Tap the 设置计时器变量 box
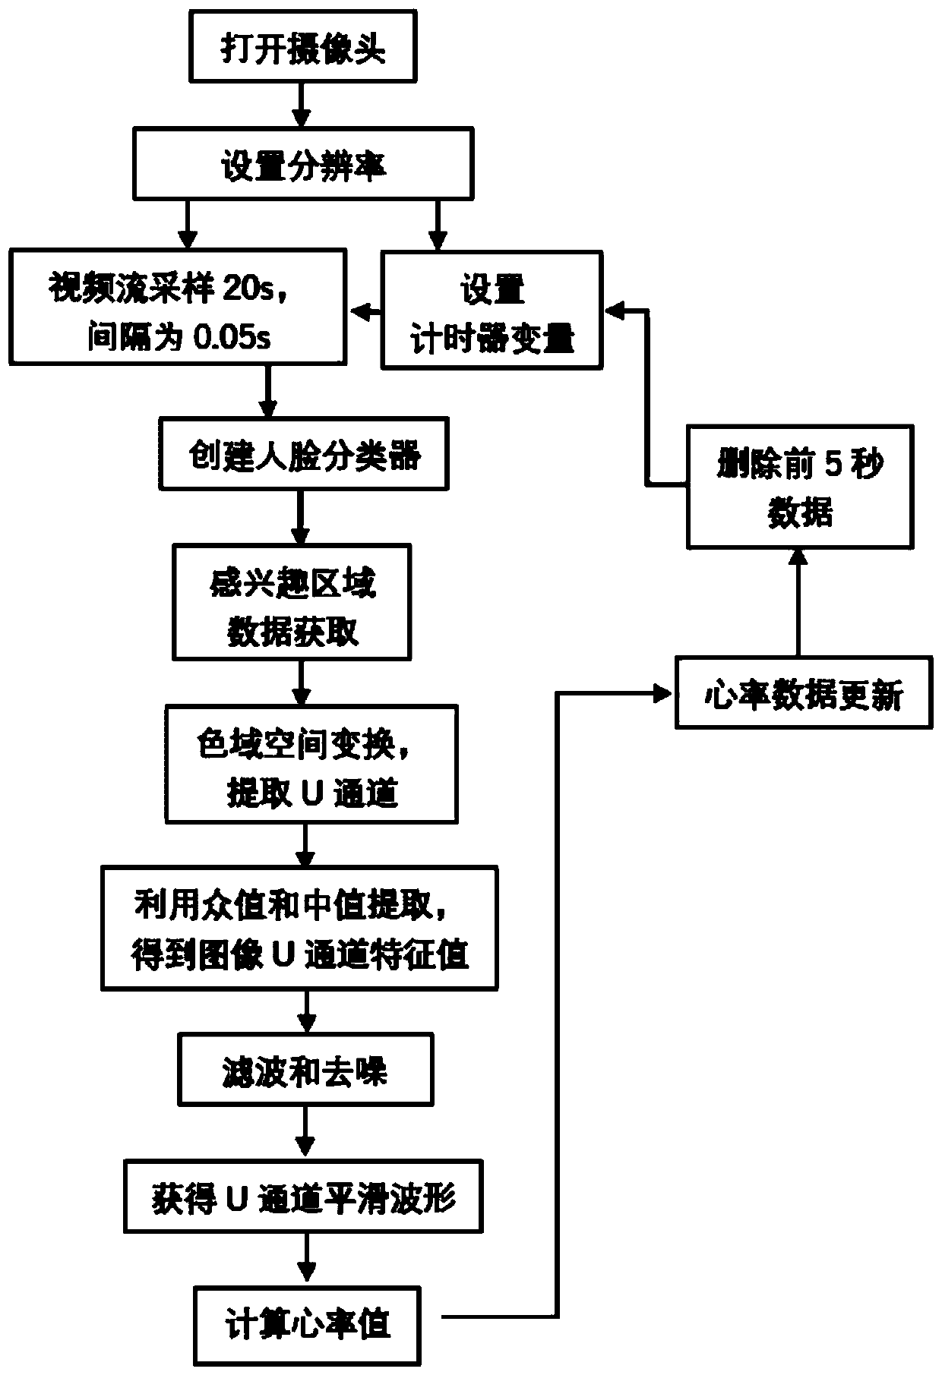tap(492, 311)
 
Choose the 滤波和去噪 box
tap(305, 1069)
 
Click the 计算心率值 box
tap(307, 1324)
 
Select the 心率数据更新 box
tap(804, 694)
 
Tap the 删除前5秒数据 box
tap(800, 487)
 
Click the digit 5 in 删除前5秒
tap(833, 464)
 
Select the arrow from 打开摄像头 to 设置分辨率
tap(302, 104)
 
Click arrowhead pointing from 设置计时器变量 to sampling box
tap(356, 311)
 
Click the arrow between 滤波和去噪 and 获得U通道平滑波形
tap(305, 1131)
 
